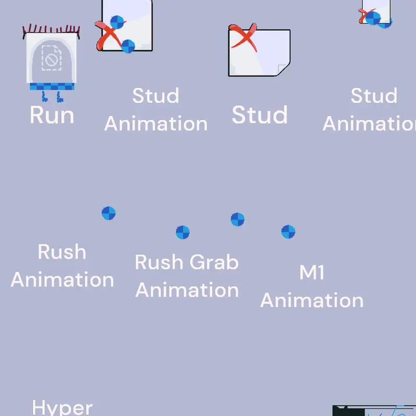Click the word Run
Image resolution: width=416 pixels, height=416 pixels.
pyautogui.click(x=51, y=115)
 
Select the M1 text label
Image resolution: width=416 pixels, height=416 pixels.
pyautogui.click(x=311, y=272)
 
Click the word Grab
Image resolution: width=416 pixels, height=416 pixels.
pyautogui.click(x=214, y=263)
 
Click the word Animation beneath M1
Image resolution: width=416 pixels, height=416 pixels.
pyautogui.click(x=311, y=301)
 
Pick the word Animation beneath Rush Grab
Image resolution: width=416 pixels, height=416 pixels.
pyautogui.click(x=187, y=290)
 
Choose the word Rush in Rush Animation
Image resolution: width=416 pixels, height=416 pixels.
pyautogui.click(x=62, y=252)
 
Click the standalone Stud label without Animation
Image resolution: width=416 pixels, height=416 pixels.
pyautogui.click(x=259, y=115)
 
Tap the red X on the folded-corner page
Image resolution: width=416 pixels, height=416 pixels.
pyautogui.click(x=244, y=37)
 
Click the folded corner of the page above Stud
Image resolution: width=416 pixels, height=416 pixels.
pyautogui.click(x=283, y=70)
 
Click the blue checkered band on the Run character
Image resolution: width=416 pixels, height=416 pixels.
pyautogui.click(x=52, y=86)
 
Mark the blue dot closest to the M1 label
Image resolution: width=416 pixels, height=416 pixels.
pyautogui.click(x=288, y=231)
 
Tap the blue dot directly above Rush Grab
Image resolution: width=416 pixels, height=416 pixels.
pyautogui.click(x=183, y=232)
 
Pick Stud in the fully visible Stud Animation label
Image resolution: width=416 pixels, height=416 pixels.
pyautogui.click(x=155, y=96)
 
